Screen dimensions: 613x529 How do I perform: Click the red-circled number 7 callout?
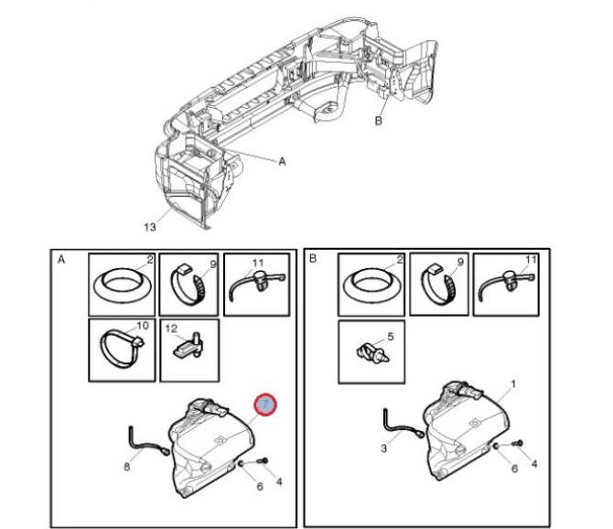pyautogui.click(x=265, y=405)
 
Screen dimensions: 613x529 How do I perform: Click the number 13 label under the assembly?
pyautogui.click(x=150, y=227)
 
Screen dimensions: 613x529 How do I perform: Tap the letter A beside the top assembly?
pyautogui.click(x=282, y=161)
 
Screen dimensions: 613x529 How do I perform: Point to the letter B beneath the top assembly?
pyautogui.click(x=378, y=121)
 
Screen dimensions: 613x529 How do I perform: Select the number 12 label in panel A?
pyautogui.click(x=171, y=329)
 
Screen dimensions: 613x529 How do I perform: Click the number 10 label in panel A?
pyautogui.click(x=143, y=325)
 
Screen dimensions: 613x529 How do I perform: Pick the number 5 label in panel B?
pyautogui.click(x=390, y=337)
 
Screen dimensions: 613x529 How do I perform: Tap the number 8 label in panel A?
pyautogui.click(x=126, y=467)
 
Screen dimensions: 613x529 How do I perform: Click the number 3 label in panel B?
pyautogui.click(x=383, y=448)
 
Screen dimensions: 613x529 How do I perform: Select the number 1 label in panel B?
pyautogui.click(x=513, y=384)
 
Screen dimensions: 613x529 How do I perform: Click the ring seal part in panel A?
pyautogui.click(x=123, y=285)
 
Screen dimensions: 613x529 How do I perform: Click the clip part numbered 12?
pyautogui.click(x=188, y=345)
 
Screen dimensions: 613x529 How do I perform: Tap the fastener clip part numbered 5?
pyautogui.click(x=372, y=352)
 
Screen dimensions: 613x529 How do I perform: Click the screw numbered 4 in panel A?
pyautogui.click(x=263, y=461)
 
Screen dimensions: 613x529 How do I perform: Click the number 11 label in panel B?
pyautogui.click(x=531, y=260)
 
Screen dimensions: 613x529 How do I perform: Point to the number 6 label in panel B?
pyautogui.click(x=514, y=469)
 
